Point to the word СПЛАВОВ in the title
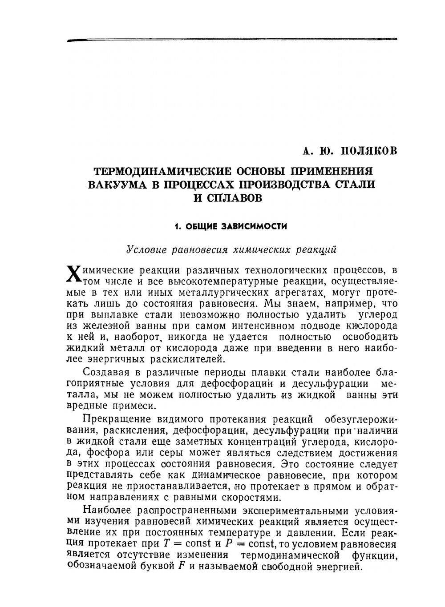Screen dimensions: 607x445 [x=235, y=198]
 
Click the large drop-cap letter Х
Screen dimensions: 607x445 [x=74, y=274]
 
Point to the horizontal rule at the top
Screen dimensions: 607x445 [x=231, y=40]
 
